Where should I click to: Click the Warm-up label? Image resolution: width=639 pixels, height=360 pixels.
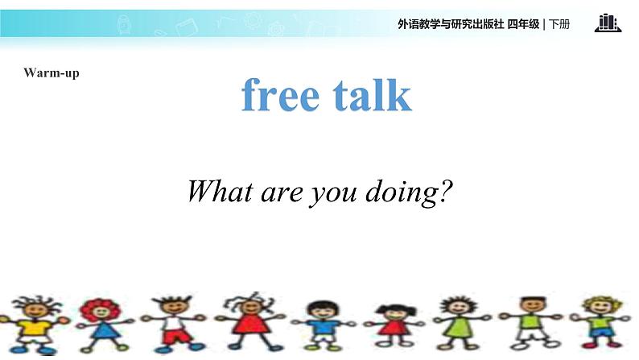52,73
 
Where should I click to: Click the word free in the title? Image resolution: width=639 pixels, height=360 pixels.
280,94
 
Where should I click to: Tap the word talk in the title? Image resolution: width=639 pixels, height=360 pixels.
373,94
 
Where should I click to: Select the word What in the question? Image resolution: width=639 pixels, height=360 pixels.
220,191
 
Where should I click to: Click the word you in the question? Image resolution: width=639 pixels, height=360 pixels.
333,195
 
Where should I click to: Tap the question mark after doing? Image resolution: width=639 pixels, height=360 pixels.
445,190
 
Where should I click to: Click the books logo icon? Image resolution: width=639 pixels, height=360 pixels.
608,23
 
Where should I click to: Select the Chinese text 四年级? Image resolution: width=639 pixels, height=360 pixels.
523,24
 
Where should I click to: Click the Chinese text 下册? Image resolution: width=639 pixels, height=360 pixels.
559,24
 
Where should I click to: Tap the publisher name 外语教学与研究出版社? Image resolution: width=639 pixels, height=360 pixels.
451,24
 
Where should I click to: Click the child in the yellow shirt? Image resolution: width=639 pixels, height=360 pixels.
35,325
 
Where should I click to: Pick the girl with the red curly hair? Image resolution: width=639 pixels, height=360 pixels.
102,325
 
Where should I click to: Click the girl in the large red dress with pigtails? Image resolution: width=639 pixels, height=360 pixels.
249,321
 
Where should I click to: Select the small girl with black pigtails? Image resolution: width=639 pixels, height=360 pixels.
394,325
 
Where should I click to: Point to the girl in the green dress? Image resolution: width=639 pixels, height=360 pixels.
461,323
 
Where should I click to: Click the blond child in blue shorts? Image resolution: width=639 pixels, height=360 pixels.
600,322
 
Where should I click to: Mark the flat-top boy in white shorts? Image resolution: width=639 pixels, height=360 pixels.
531,323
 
